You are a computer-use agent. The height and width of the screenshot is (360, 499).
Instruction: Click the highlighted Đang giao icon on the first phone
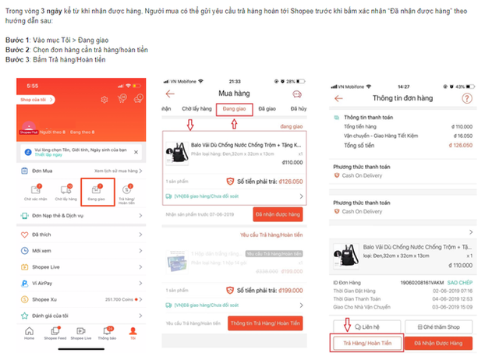(97, 189)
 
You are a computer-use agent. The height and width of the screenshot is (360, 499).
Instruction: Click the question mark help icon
(467, 98)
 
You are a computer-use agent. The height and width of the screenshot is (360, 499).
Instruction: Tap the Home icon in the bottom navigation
(29, 333)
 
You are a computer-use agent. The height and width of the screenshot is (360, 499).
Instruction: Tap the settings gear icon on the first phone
(122, 98)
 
